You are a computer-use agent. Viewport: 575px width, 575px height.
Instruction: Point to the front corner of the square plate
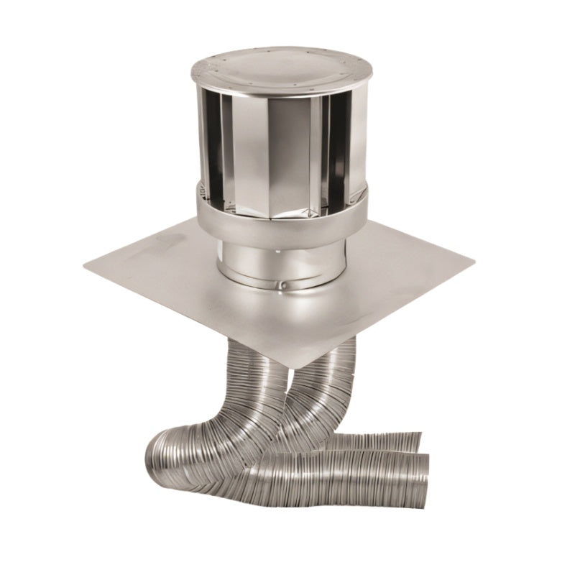pyautogui.click(x=293, y=369)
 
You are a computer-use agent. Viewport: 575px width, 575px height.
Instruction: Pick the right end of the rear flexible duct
pyautogui.click(x=417, y=443)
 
